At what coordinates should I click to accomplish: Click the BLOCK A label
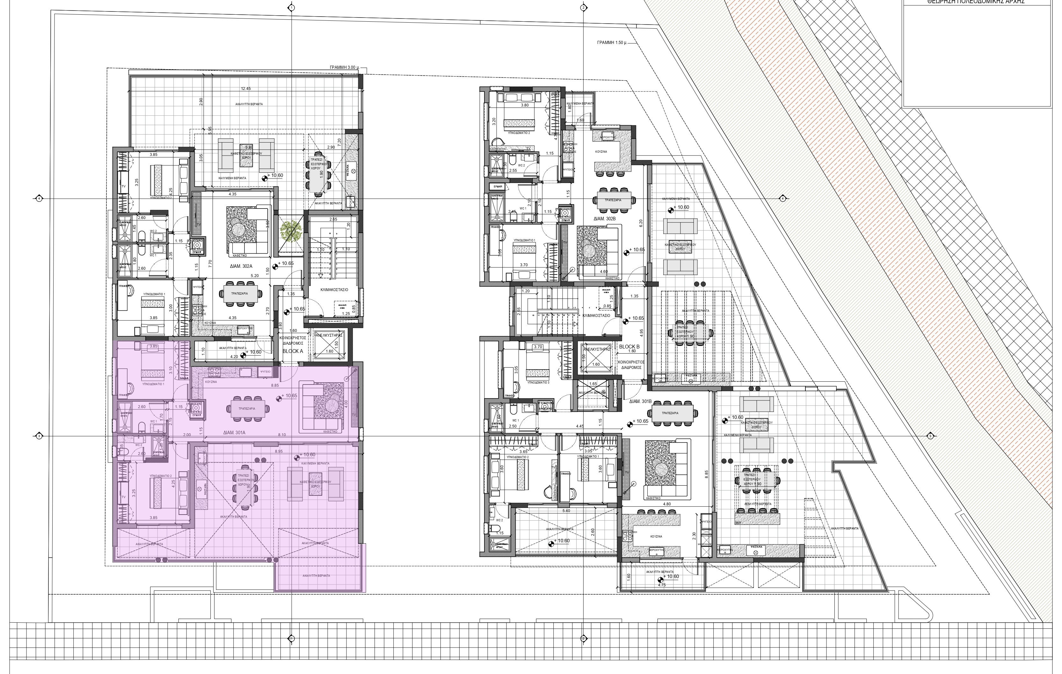(293, 352)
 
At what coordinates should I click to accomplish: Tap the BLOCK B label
(629, 347)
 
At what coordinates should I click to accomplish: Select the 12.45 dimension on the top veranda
(246, 89)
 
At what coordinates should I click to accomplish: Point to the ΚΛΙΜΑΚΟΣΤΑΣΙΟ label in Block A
(334, 290)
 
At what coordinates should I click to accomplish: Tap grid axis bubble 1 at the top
(291, 8)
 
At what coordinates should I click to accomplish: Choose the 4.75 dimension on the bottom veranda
(662, 585)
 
